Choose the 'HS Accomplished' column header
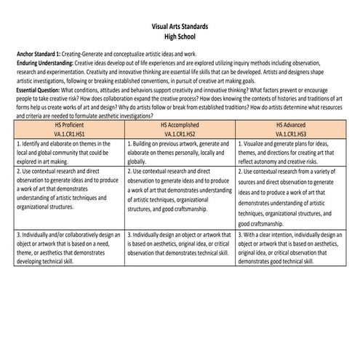click(x=180, y=125)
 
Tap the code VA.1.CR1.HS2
click(x=180, y=135)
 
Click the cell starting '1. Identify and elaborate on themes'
click(x=70, y=153)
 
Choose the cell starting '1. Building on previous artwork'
click(x=180, y=153)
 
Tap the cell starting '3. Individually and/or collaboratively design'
click(x=70, y=248)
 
